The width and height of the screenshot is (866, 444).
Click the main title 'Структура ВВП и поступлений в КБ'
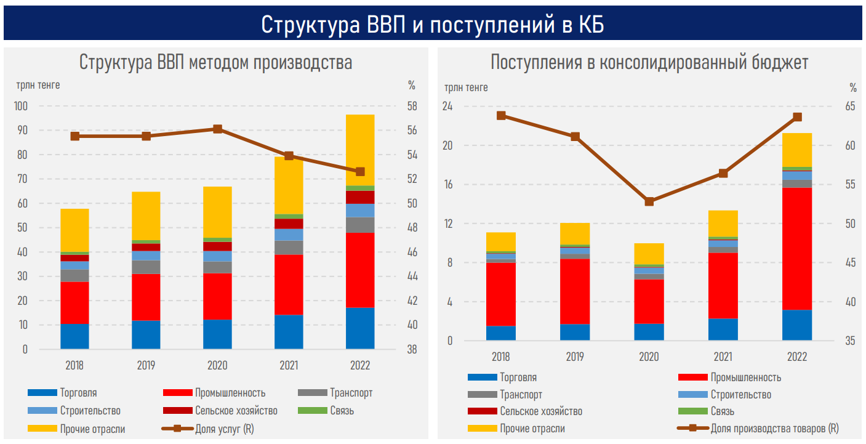click(x=432, y=25)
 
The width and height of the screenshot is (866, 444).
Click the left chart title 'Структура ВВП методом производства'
click(x=215, y=63)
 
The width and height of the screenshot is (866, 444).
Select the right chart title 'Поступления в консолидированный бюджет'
click(x=649, y=63)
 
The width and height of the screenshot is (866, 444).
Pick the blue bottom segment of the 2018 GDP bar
click(x=74, y=336)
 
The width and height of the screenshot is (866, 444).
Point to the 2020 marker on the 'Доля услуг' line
click(x=218, y=129)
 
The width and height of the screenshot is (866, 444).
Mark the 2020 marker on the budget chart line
click(x=649, y=201)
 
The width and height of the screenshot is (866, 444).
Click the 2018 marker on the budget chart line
click(x=502, y=116)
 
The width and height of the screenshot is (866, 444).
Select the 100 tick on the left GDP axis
click(x=21, y=106)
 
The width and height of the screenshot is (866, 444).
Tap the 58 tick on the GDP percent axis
click(x=412, y=106)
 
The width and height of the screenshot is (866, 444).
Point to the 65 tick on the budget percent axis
click(x=850, y=106)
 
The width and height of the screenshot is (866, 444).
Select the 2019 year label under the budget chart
click(x=575, y=357)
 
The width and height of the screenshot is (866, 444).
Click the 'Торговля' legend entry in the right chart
click(x=518, y=377)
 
